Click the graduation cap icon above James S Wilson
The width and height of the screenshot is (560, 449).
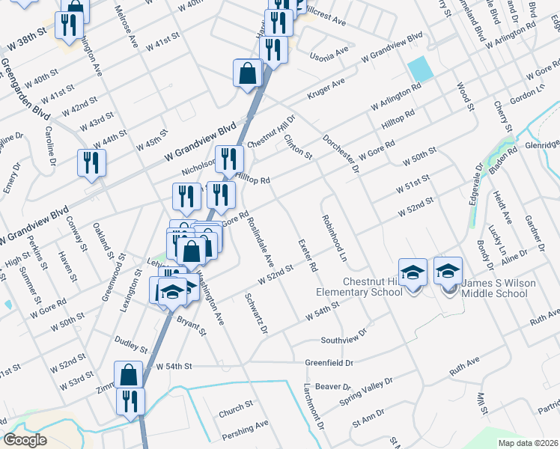(x=448, y=271)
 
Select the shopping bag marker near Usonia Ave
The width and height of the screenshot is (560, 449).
(x=247, y=74)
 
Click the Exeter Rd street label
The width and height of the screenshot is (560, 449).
(x=308, y=256)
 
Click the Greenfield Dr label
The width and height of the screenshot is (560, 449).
(x=329, y=363)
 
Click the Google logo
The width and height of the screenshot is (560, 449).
(x=25, y=439)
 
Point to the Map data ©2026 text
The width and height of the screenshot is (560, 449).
(x=527, y=443)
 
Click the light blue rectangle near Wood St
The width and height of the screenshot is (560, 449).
(x=419, y=70)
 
